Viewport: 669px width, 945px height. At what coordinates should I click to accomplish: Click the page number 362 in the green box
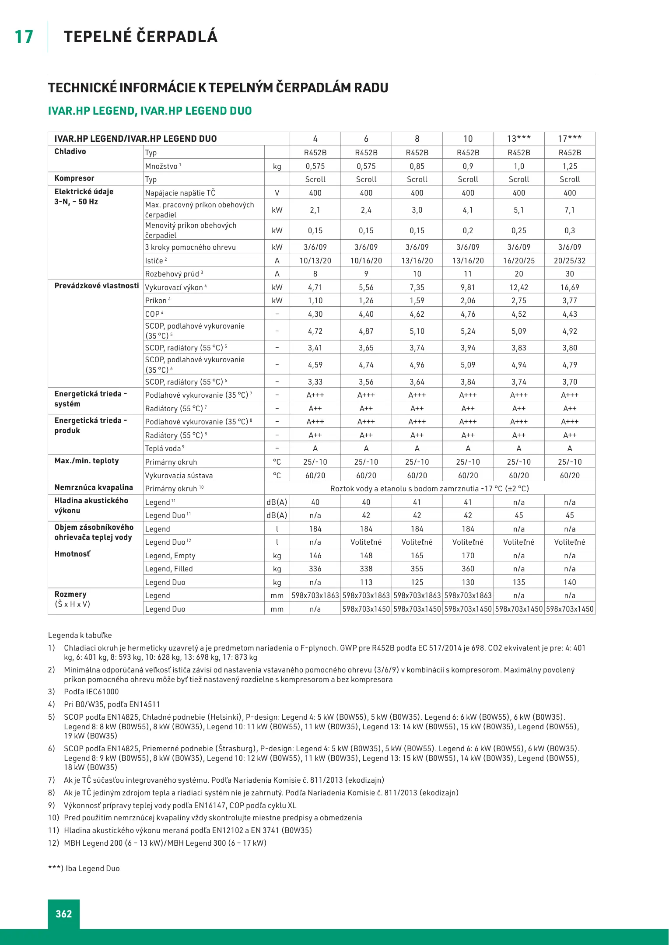tap(64, 914)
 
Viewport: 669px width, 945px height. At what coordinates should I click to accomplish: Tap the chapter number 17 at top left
tap(24, 37)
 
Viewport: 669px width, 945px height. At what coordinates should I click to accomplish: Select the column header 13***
tap(519, 139)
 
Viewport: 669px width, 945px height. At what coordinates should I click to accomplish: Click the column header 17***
tap(570, 139)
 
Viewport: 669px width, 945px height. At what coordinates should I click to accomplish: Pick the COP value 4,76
tap(468, 314)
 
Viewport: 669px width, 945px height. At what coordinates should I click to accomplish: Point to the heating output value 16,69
tap(570, 287)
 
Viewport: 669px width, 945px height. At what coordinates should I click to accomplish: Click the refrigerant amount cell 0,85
tap(417, 166)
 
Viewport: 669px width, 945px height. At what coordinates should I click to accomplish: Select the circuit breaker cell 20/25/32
tap(570, 261)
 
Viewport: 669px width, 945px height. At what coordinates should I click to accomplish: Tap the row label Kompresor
tap(74, 178)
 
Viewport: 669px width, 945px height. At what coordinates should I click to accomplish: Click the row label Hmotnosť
tap(72, 554)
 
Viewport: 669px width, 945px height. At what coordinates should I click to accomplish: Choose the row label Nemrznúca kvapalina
tap(94, 487)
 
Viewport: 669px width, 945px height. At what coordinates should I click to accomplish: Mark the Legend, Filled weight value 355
tap(417, 569)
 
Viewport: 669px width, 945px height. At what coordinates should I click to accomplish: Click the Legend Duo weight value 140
tap(570, 582)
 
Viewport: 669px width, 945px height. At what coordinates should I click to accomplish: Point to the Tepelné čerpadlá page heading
tap(140, 37)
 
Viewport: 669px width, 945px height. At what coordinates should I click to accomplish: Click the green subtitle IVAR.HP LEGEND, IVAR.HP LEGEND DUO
tap(150, 111)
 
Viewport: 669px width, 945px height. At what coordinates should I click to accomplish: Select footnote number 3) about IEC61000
tap(52, 692)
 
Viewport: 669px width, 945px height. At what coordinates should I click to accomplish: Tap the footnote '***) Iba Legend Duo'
tap(84, 868)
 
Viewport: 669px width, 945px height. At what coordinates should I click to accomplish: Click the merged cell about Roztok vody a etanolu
tap(429, 489)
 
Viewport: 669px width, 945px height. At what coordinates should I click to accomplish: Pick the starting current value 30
tap(570, 274)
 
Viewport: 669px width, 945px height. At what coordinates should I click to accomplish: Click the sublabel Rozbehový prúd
tap(172, 274)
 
